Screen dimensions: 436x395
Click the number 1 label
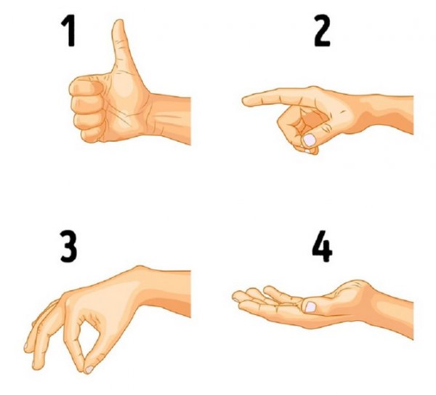pyautogui.click(x=68, y=31)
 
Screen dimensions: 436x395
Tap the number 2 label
pyautogui.click(x=322, y=31)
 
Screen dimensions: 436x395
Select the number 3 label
pyautogui.click(x=68, y=246)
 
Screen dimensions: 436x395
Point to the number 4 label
pyautogui.click(x=322, y=246)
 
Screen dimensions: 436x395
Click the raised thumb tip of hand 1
pyautogui.click(x=120, y=24)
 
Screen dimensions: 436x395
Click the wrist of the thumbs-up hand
pyautogui.click(x=156, y=117)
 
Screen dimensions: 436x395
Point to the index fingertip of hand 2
pyautogui.click(x=246, y=101)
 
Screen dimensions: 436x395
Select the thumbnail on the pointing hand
pyautogui.click(x=310, y=140)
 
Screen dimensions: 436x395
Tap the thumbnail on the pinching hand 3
pyautogui.click(x=89, y=370)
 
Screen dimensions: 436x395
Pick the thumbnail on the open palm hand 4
pyautogui.click(x=310, y=307)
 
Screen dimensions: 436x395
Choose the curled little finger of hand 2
pyautogui.click(x=306, y=150)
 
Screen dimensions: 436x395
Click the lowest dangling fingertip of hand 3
pyautogui.click(x=36, y=365)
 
